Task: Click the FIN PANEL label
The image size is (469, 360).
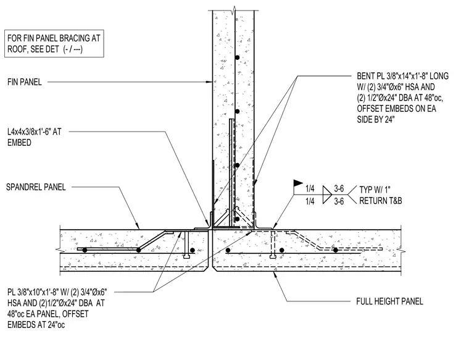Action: (25, 82)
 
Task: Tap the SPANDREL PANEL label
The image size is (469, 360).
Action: (36, 187)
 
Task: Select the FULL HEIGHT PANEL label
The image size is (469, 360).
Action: (390, 301)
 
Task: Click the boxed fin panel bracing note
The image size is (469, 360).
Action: (54, 43)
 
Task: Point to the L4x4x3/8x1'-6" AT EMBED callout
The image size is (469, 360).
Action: (35, 137)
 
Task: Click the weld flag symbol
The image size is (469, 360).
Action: (297, 183)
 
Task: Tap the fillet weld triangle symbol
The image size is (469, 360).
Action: (327, 195)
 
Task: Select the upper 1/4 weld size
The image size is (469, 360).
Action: (310, 189)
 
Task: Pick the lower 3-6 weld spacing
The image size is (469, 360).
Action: (339, 201)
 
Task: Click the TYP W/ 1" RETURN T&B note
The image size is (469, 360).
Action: (381, 195)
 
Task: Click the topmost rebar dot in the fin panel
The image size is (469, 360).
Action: (237, 57)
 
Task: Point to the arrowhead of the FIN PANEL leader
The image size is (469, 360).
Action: (210, 82)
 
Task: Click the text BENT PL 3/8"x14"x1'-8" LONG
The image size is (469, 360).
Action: (402, 76)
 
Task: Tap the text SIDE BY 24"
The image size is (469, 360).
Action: (376, 120)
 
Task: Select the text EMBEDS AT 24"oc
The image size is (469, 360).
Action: (36, 325)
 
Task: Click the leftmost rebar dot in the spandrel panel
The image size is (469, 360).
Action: (85, 250)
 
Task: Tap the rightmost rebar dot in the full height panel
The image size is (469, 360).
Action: (336, 250)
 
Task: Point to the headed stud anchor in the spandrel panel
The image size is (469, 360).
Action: (186, 245)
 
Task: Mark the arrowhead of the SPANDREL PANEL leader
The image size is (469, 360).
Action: (138, 226)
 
